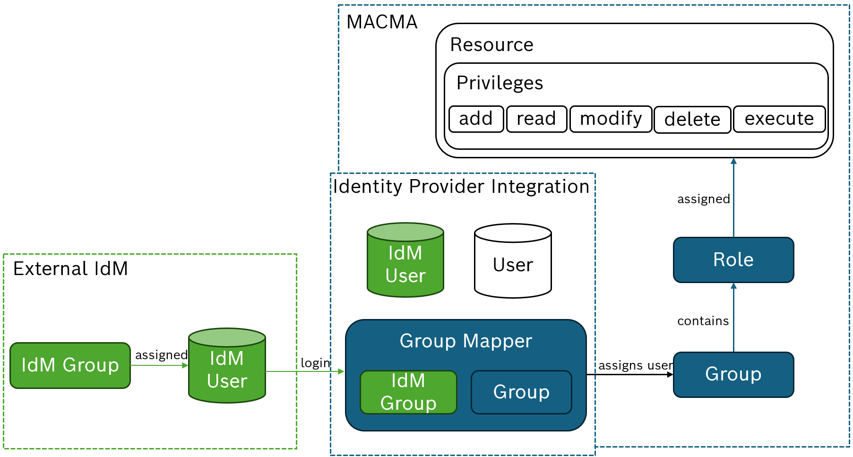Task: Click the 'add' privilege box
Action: click(476, 119)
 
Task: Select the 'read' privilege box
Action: click(536, 119)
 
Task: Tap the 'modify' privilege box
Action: click(611, 119)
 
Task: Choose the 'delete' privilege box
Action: click(692, 120)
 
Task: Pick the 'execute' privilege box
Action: click(779, 119)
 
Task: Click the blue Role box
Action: click(733, 260)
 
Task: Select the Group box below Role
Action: click(733, 374)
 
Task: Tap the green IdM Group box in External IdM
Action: click(70, 365)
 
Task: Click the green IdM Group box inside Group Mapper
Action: click(408, 392)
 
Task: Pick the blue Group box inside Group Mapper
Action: click(521, 392)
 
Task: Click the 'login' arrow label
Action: click(315, 363)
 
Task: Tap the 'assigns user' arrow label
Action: click(635, 365)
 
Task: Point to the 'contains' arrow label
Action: click(703, 321)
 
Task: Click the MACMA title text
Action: click(382, 22)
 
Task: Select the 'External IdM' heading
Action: click(70, 269)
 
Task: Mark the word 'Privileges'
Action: click(500, 83)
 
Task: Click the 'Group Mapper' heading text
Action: click(465, 341)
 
